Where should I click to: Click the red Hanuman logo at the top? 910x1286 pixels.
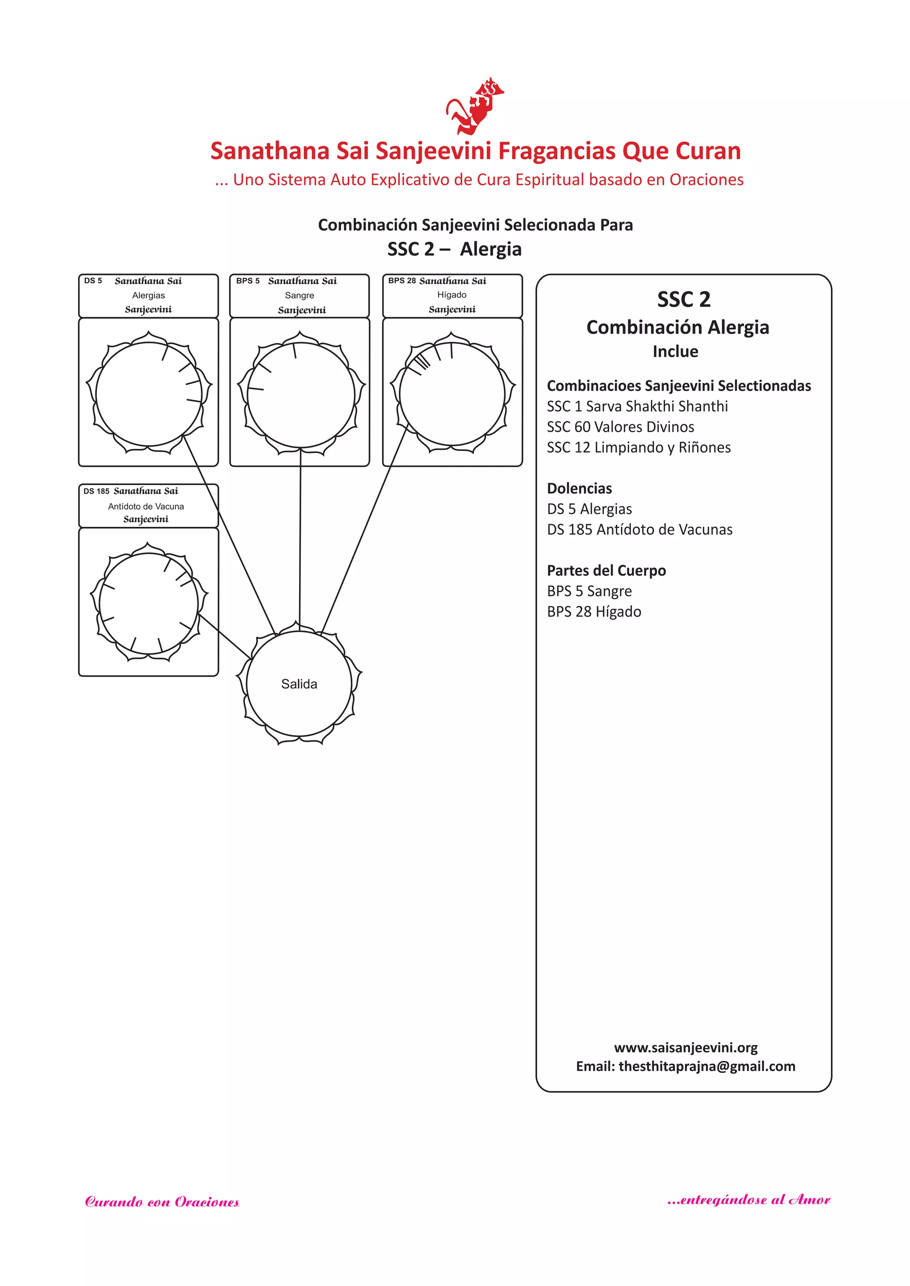tap(475, 107)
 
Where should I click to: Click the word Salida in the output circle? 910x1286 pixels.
tap(299, 684)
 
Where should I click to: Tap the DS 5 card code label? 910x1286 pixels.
tap(93, 281)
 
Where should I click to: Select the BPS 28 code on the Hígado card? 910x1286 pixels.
tap(402, 281)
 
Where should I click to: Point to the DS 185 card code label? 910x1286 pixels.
tap(96, 491)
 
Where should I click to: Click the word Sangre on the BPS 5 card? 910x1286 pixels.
tap(300, 295)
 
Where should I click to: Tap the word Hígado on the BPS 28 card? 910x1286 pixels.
tap(451, 295)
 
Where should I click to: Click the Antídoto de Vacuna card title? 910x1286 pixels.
tap(146, 506)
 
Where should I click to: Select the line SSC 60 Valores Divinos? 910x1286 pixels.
tap(620, 427)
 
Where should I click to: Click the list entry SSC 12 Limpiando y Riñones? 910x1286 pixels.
tap(639, 447)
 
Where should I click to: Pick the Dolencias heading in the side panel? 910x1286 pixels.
tap(579, 488)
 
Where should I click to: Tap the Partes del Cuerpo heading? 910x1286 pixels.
tap(606, 571)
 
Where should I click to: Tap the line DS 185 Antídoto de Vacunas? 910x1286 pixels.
tap(639, 530)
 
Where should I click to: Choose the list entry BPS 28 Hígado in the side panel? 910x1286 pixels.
tap(594, 612)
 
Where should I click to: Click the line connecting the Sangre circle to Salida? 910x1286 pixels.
tap(300, 537)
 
